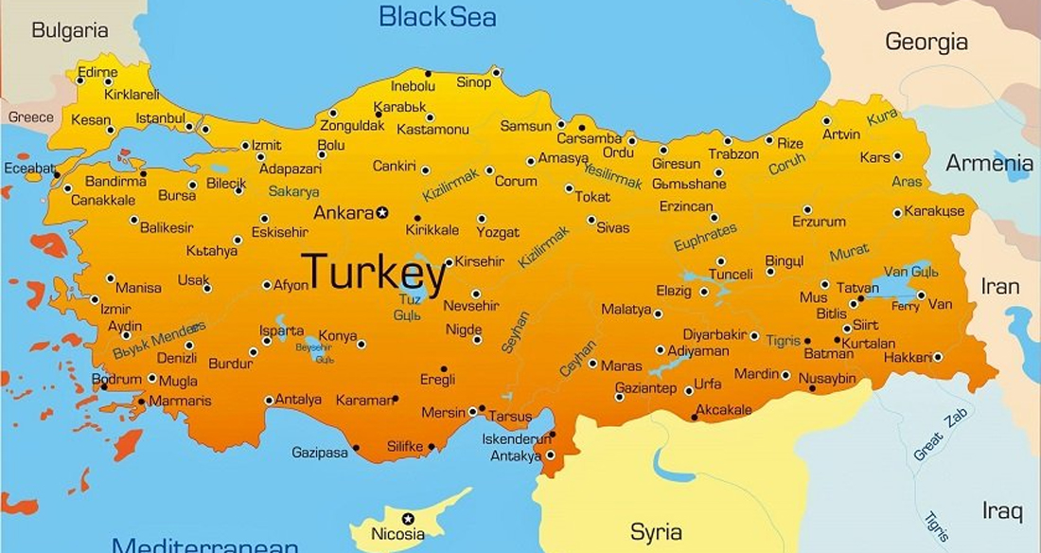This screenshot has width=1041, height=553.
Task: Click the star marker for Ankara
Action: click(382, 212)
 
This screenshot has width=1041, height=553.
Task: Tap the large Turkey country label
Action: click(374, 274)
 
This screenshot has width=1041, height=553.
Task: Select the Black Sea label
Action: click(437, 16)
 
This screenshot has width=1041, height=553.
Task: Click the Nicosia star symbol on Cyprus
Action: click(409, 518)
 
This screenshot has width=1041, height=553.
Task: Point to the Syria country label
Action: click(656, 531)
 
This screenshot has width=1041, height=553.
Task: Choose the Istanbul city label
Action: click(160, 118)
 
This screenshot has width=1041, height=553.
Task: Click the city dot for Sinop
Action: click(496, 71)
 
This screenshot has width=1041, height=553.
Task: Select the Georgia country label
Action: click(926, 42)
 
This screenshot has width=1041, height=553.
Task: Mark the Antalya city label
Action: click(298, 400)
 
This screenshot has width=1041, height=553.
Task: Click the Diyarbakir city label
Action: click(715, 334)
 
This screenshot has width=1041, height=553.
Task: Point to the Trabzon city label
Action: click(733, 153)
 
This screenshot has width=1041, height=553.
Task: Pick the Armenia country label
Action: click(990, 162)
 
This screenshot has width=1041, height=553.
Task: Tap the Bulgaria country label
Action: click(69, 30)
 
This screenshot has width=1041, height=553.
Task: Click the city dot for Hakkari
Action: click(938, 357)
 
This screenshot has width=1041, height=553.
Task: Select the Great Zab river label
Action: click(942, 437)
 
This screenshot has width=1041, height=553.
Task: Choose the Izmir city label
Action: click(115, 309)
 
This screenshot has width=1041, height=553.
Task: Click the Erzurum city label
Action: click(819, 222)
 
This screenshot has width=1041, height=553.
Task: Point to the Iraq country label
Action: click(1002, 511)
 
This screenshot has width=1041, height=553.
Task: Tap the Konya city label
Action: click(338, 335)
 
